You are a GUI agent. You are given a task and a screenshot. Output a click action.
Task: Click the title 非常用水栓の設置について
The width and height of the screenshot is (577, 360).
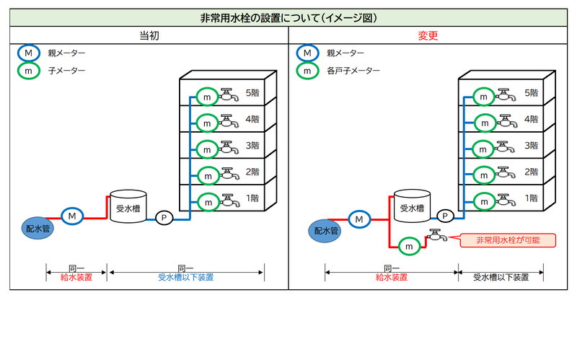pyautogui.click(x=288, y=18)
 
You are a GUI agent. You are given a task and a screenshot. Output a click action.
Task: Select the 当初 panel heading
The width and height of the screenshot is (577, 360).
pyautogui.click(x=149, y=35)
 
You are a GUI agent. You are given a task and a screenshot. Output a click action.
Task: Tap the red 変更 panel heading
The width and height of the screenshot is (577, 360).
pyautogui.click(x=428, y=35)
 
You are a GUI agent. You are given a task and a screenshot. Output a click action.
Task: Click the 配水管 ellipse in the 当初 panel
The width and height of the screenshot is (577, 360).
pyautogui.click(x=36, y=228)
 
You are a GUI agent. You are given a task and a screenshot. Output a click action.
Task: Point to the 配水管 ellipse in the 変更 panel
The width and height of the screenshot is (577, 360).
pyautogui.click(x=324, y=231)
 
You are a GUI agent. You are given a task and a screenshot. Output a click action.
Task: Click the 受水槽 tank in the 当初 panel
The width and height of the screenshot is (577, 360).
pyautogui.click(x=127, y=207)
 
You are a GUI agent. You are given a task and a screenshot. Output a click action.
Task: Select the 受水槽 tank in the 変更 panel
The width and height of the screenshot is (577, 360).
pyautogui.click(x=412, y=207)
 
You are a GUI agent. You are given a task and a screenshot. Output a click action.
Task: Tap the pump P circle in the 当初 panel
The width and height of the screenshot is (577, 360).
pyautogui.click(x=164, y=217)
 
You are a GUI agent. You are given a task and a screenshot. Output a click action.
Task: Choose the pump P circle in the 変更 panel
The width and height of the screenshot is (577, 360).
pyautogui.click(x=445, y=215)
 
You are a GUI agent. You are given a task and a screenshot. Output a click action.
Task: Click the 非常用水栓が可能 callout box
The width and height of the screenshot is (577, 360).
pyautogui.click(x=508, y=240)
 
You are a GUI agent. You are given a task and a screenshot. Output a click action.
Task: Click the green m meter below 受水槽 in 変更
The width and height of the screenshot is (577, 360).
pyautogui.click(x=409, y=247)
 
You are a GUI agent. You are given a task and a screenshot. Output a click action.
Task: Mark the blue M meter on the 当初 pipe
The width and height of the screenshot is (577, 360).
pyautogui.click(x=72, y=215)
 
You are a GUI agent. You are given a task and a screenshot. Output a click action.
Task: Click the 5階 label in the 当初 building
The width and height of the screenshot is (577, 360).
pyautogui.click(x=252, y=93)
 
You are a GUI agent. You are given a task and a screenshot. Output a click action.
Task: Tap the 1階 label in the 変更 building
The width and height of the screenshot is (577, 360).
pyautogui.click(x=532, y=198)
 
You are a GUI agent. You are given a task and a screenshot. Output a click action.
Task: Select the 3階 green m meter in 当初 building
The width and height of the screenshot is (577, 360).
pyautogui.click(x=207, y=149)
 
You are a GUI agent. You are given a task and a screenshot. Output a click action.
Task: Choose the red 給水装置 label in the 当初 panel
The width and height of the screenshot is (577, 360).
pyautogui.click(x=76, y=277)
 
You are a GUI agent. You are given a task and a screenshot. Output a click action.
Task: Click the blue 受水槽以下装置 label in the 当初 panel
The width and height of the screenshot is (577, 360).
pyautogui.click(x=186, y=277)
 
